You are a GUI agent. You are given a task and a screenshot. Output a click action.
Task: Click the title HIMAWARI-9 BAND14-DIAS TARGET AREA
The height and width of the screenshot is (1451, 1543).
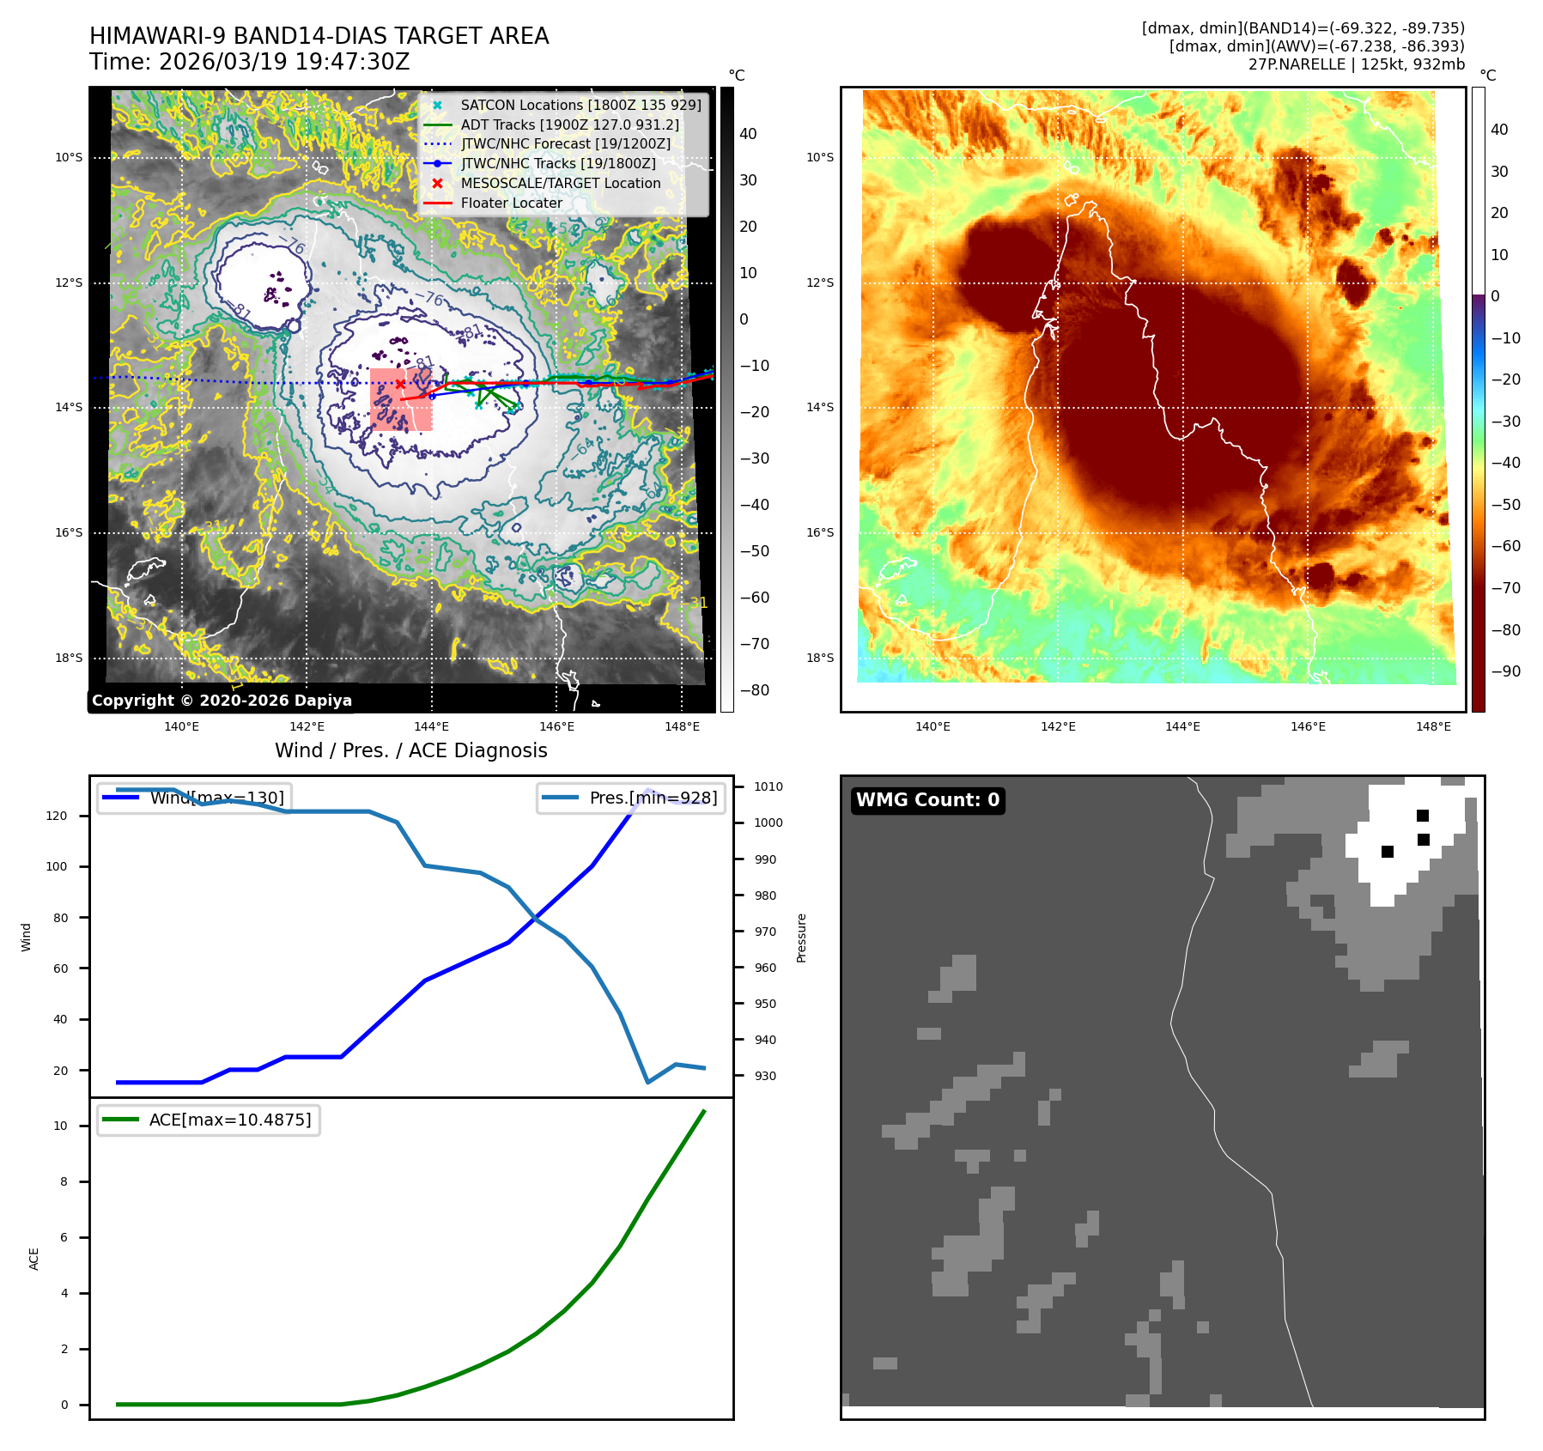click(x=319, y=36)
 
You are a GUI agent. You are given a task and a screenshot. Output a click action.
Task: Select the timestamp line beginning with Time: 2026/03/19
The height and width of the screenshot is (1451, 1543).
click(x=249, y=62)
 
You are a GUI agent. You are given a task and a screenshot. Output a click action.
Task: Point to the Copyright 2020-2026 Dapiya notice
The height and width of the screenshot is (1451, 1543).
click(x=222, y=701)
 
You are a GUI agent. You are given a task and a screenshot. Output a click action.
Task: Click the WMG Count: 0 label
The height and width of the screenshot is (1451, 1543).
click(x=927, y=800)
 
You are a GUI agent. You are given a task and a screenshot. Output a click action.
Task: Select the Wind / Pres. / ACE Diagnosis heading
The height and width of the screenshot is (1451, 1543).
click(x=410, y=750)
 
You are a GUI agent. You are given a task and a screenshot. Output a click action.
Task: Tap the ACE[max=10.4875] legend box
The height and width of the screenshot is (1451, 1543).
click(x=209, y=1120)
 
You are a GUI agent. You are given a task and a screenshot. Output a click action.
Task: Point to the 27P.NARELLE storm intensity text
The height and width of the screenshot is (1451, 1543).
click(x=1356, y=64)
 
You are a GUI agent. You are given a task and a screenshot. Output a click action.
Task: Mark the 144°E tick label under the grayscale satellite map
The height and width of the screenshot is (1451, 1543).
click(x=432, y=726)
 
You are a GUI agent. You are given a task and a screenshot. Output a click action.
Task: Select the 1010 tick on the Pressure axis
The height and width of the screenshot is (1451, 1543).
click(x=768, y=786)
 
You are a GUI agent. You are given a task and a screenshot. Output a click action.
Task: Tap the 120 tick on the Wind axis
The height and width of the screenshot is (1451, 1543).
click(x=57, y=816)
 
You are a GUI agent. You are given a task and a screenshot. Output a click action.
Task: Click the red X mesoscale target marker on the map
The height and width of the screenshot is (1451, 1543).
click(x=400, y=384)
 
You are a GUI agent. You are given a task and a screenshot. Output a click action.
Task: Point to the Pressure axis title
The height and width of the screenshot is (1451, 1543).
click(x=801, y=938)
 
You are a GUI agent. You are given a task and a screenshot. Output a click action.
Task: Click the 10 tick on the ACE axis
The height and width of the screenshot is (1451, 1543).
click(x=60, y=1126)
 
